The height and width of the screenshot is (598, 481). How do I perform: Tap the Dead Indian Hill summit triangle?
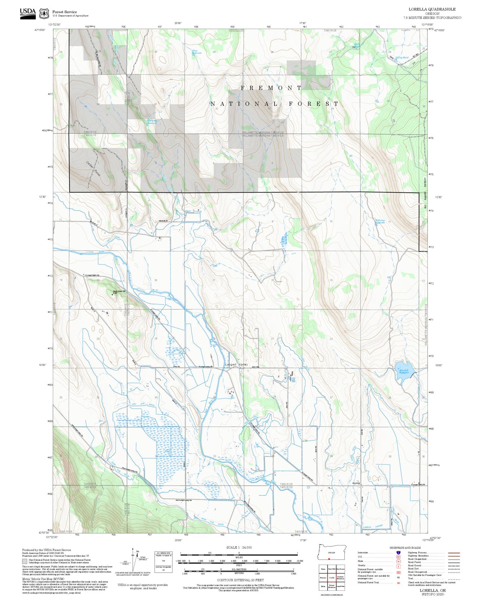(112, 294)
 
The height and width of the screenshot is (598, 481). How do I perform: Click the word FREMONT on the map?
(271, 88)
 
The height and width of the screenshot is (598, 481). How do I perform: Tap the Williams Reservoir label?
(380, 221)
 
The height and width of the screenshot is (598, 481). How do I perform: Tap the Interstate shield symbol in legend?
(398, 553)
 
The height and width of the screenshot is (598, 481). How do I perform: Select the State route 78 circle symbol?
(398, 562)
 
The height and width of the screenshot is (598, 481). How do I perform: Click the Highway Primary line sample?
(454, 553)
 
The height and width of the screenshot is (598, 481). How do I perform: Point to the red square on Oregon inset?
(329, 559)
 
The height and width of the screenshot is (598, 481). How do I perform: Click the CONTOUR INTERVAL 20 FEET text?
(240, 580)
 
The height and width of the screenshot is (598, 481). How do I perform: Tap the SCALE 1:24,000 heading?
(239, 548)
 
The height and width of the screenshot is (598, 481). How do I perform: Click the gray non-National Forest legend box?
(25, 561)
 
